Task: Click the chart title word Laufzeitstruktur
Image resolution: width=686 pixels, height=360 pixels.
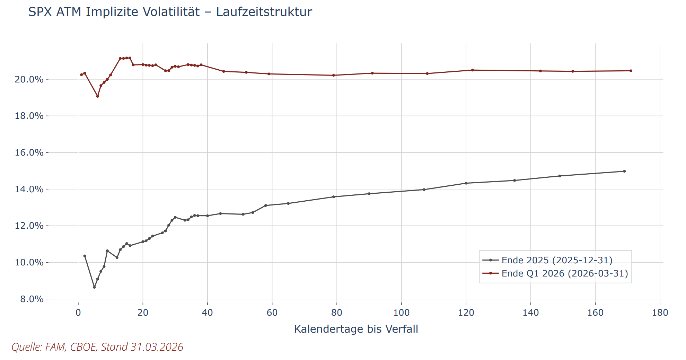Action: click(264, 12)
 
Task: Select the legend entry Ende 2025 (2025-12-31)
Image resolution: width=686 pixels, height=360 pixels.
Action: click(557, 260)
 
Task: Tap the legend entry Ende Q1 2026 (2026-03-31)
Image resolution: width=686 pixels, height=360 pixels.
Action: click(565, 273)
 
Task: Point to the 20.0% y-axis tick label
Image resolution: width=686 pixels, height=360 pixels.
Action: click(29, 79)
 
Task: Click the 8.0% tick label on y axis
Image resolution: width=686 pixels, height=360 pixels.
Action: click(32, 299)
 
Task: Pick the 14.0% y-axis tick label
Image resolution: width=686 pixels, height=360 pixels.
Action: click(29, 189)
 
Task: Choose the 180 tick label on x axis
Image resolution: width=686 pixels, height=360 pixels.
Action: click(660, 313)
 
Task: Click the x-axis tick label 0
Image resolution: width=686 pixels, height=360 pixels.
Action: click(78, 313)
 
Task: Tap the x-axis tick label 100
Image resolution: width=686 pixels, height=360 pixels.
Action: click(401, 313)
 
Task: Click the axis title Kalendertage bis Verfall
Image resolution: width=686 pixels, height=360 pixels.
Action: click(356, 329)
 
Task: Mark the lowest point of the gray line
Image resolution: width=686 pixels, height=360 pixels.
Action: click(94, 287)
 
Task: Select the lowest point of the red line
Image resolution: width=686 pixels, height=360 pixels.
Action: click(98, 96)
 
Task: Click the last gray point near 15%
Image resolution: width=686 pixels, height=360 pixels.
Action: click(624, 171)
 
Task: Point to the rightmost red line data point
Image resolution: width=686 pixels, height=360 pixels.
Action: click(631, 71)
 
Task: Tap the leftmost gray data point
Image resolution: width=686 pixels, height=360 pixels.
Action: click(85, 256)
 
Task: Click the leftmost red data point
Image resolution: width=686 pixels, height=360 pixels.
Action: click(81, 74)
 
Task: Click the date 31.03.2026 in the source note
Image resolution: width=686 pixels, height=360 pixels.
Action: click(157, 347)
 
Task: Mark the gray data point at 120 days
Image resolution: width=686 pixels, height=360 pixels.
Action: click(466, 183)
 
